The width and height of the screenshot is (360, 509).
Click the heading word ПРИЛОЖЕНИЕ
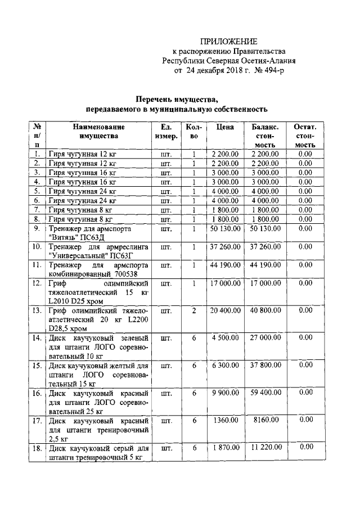tap(229, 42)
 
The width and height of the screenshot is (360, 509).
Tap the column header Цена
tap(224, 127)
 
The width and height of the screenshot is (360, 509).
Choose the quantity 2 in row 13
tap(193, 311)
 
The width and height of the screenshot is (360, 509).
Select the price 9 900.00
tap(225, 393)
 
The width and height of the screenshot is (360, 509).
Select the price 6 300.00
tap(225, 366)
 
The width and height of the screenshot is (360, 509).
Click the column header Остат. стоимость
tap(305, 136)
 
